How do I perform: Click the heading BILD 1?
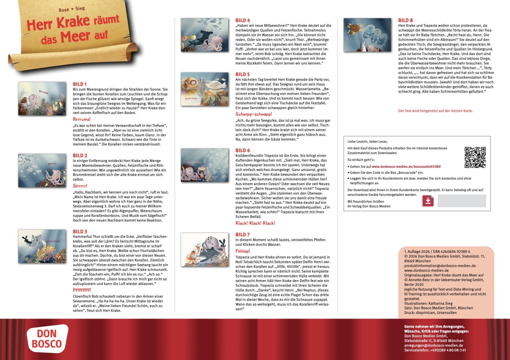click(x=80, y=84)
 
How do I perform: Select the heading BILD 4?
click(x=243, y=21)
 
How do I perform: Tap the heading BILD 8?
click(x=405, y=21)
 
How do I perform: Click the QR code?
click(x=475, y=157)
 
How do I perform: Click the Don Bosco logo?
click(x=47, y=339)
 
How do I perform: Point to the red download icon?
click(x=428, y=201)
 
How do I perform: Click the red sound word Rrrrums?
click(x=82, y=119)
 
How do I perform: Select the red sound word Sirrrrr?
click(x=80, y=186)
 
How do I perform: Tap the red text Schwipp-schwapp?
click(x=254, y=114)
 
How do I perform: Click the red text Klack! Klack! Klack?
click(x=255, y=223)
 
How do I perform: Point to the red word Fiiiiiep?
click(x=243, y=251)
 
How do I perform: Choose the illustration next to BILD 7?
click(x=204, y=249)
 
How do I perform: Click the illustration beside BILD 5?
click(x=204, y=89)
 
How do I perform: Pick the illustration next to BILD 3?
click(x=42, y=247)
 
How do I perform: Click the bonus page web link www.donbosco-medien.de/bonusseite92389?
click(x=406, y=167)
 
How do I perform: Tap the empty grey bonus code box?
click(x=461, y=201)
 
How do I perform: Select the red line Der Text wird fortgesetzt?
click(x=435, y=111)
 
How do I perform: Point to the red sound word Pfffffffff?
click(x=82, y=290)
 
